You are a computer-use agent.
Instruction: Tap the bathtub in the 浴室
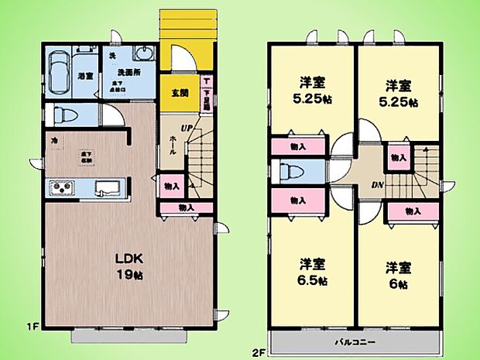coord(60,76)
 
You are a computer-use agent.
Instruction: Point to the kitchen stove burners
coord(61,187)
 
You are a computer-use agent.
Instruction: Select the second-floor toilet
coord(293,172)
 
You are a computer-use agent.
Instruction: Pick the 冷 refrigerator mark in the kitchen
coord(54,142)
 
